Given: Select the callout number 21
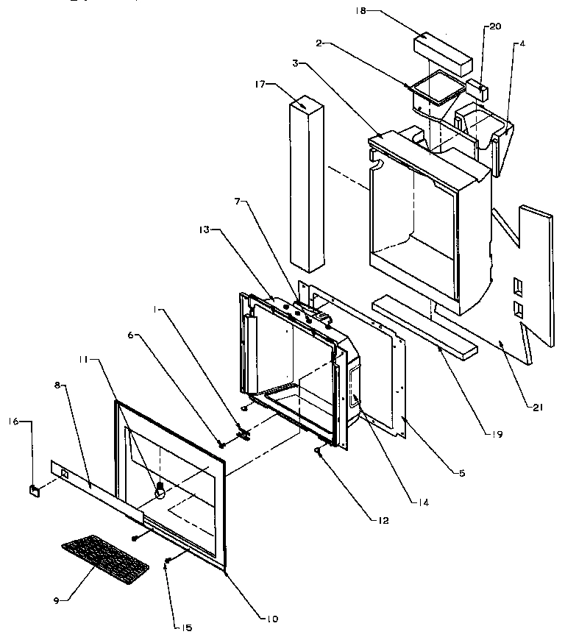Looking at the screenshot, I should (537, 407).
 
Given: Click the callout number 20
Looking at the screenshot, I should (495, 26).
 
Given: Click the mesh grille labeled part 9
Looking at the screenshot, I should (104, 555).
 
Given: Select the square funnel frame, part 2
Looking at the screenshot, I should (437, 90).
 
